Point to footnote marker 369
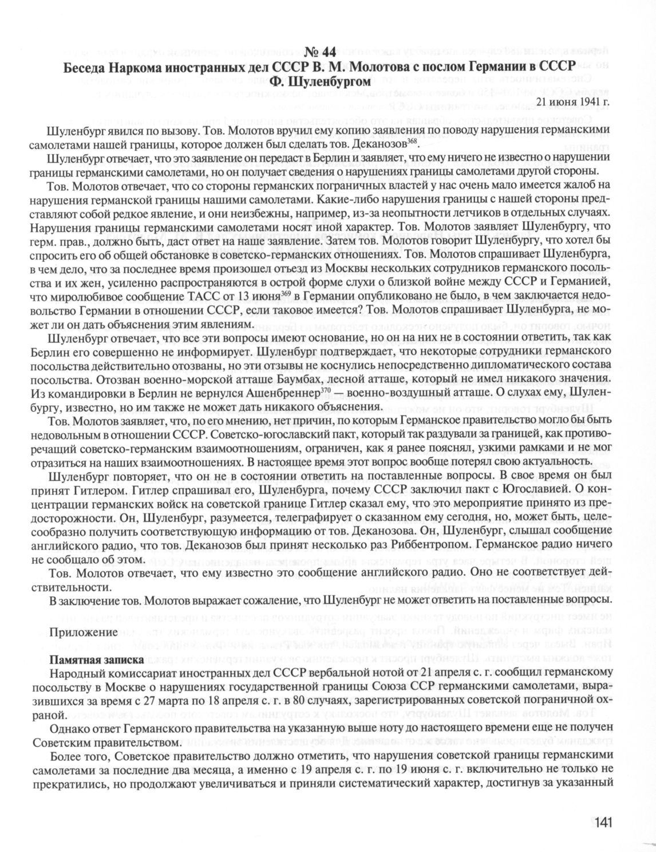(x=286, y=294)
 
